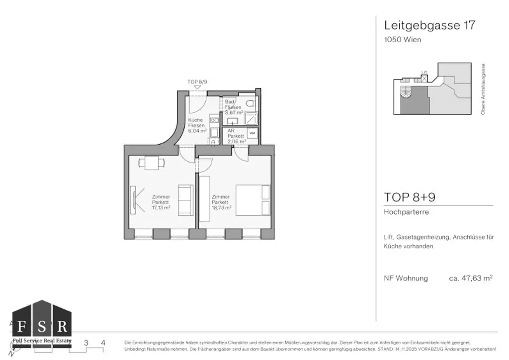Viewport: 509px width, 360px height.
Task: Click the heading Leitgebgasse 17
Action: click(429, 25)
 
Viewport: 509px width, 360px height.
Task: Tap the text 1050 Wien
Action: click(403, 40)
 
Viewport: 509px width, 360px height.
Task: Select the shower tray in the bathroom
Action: click(252, 118)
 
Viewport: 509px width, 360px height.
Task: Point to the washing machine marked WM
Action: click(252, 133)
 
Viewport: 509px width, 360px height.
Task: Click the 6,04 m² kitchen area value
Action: click(196, 131)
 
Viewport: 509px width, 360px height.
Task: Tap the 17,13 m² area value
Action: click(161, 208)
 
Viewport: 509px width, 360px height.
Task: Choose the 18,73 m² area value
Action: click(221, 208)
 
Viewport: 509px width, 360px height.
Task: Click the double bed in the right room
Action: click(254, 200)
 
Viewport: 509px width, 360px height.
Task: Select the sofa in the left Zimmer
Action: click(186, 200)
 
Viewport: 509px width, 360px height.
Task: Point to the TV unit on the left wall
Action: click(134, 200)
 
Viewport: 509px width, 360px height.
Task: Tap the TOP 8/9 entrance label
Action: click(197, 82)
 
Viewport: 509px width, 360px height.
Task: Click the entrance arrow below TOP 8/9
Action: click(197, 88)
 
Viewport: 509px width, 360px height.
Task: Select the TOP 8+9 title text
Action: click(410, 197)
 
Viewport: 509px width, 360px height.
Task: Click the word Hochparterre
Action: click(406, 212)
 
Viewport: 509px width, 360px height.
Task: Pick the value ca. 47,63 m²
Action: click(470, 278)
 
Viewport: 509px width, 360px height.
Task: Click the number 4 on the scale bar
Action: click(103, 343)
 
